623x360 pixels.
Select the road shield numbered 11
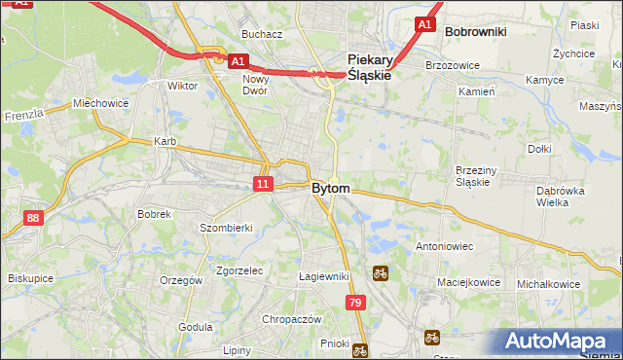tap(263, 183)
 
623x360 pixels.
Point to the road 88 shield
tap(34, 218)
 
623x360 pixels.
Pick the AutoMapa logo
tap(555, 341)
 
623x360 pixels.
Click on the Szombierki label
tap(227, 227)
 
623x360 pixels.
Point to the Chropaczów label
tap(292, 319)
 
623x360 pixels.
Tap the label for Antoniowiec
tap(445, 247)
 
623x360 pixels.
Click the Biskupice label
tap(30, 277)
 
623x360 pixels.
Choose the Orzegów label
tap(181, 280)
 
